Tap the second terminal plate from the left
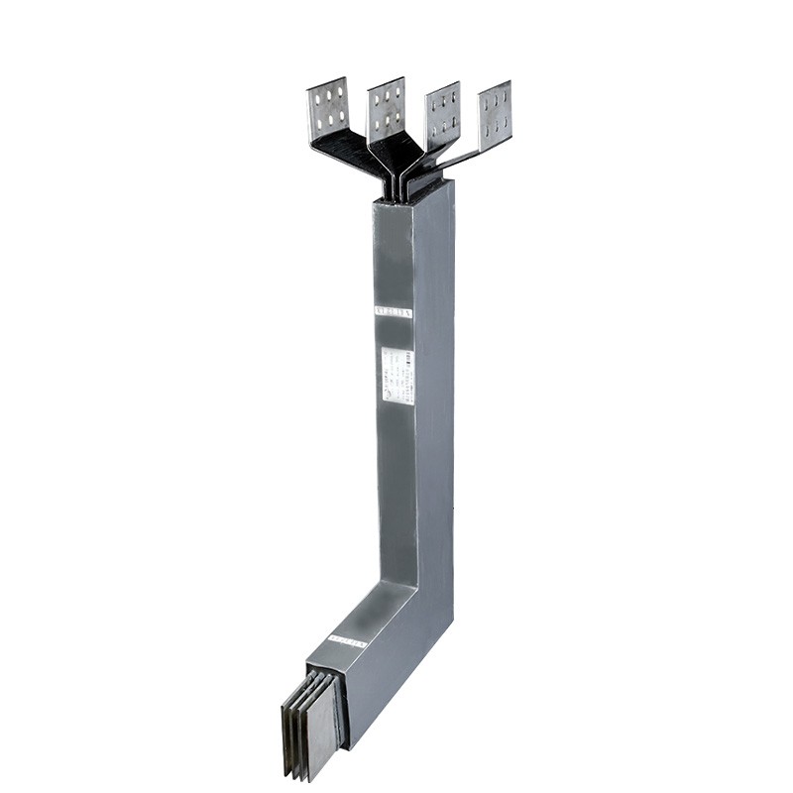[387, 107]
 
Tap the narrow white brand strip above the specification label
[393, 310]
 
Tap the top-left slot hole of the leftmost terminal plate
[317, 94]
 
